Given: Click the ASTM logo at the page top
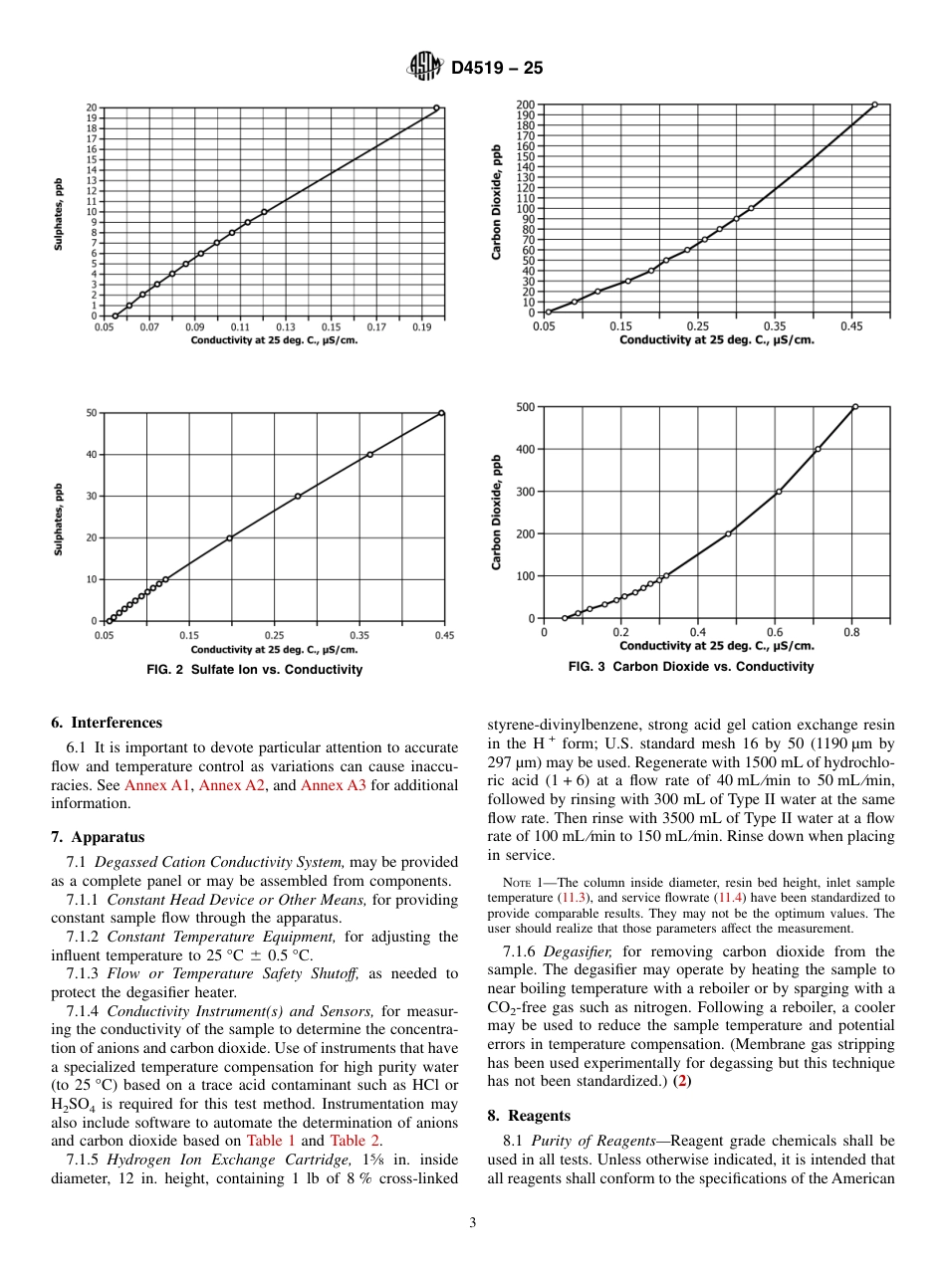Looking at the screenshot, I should click(425, 68).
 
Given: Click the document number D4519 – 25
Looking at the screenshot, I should click(496, 69).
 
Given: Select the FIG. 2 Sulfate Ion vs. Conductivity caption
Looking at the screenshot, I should click(255, 670).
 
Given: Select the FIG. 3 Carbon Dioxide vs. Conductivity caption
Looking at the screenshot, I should click(691, 667).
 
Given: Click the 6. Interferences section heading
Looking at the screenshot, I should click(107, 723).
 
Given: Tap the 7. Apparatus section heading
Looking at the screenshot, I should click(98, 837).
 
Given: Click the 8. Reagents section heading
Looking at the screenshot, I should click(530, 1116).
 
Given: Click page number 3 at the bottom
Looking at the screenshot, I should click(473, 1223).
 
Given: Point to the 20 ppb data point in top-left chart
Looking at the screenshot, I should click(436, 107).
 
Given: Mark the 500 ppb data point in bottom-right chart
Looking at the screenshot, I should click(854, 406).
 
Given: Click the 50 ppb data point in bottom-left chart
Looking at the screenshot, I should click(442, 413).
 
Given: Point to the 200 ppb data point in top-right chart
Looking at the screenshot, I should click(874, 105).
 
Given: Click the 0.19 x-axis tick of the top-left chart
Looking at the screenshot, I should click(421, 326).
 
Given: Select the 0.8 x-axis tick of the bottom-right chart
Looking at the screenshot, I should click(851, 632).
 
